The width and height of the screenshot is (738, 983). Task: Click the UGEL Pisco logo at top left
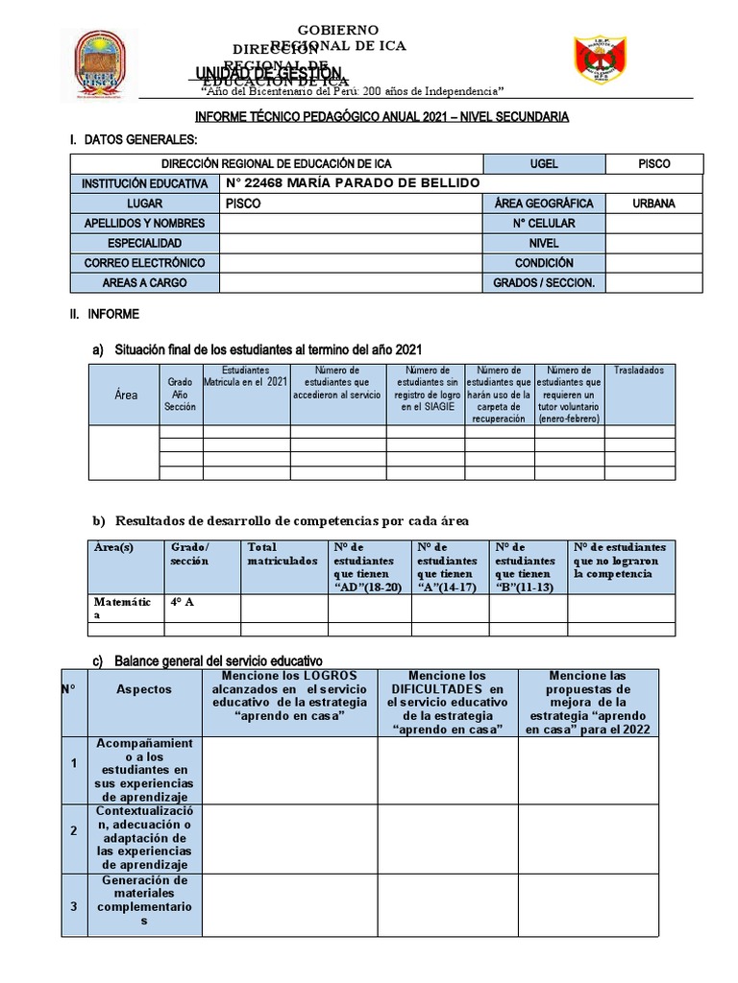tap(99, 65)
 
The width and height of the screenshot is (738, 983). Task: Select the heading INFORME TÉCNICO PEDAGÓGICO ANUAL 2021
tap(381, 116)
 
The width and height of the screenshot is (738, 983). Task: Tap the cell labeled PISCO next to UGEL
tap(653, 164)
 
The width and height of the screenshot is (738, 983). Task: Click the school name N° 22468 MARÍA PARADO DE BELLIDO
tap(352, 183)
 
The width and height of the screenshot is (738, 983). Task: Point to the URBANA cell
tap(653, 204)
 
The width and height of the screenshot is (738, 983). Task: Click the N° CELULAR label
tap(544, 224)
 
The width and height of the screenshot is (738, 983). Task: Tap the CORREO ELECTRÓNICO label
tap(144, 263)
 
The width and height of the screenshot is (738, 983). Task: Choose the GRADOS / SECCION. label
tap(544, 283)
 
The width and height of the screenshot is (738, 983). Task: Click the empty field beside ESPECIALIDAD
tap(352, 244)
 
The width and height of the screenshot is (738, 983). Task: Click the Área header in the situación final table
tap(125, 395)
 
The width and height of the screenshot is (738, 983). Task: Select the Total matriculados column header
tap(283, 554)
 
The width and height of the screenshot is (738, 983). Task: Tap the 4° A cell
tap(202, 602)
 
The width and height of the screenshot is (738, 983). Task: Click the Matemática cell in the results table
tap(125, 608)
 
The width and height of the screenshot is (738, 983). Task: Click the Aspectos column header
tap(144, 689)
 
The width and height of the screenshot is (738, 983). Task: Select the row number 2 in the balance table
tap(73, 831)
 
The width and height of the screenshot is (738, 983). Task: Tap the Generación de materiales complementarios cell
tap(144, 900)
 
